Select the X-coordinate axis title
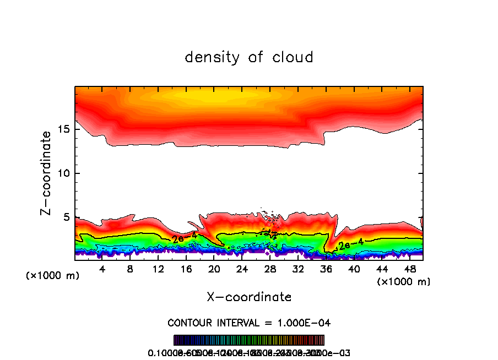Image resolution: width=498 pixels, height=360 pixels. pos(249,297)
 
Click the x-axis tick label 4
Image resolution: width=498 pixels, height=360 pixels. pos(102,269)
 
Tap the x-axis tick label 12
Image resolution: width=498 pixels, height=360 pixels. pos(158,269)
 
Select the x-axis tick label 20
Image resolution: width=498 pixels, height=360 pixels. pos(214,269)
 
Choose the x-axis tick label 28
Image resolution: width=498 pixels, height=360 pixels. pos(270,269)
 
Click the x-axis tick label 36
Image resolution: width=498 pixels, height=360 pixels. pos(326,269)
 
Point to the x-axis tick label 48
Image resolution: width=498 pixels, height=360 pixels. pos(409,269)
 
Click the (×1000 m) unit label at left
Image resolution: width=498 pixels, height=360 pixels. pos(53,276)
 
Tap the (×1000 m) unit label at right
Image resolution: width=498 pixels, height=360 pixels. pos(404,282)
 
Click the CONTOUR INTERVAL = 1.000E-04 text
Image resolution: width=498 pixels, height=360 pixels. pos(249,323)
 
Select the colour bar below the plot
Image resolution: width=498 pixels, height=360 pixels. pos(249,340)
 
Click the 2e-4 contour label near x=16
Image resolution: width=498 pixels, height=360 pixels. pos(182,239)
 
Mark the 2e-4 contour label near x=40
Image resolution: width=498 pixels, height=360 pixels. pos(351,244)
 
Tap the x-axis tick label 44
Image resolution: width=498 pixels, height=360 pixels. pos(381,269)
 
